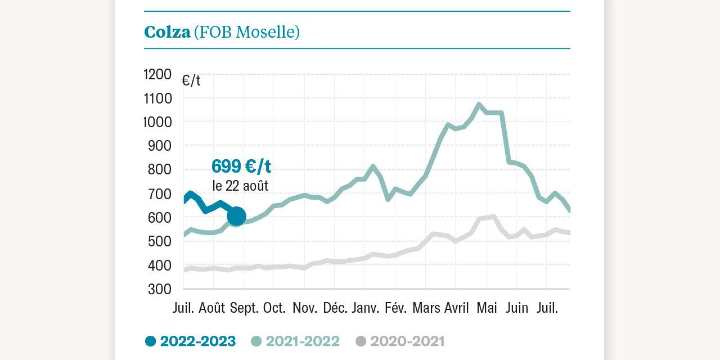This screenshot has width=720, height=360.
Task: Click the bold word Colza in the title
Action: click(x=167, y=32)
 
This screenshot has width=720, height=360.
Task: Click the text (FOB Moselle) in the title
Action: click(x=246, y=32)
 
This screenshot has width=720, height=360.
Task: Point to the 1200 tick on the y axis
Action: click(x=157, y=74)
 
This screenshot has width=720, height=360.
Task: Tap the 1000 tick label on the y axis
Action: click(x=157, y=122)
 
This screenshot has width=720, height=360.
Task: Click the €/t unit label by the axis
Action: click(x=191, y=80)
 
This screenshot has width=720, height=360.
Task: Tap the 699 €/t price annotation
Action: click(x=241, y=166)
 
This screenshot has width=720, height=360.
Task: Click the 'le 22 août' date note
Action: click(x=240, y=185)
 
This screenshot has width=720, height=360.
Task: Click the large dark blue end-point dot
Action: click(x=236, y=216)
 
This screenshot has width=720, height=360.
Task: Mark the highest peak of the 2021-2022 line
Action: click(x=479, y=104)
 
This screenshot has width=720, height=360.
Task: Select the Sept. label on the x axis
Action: click(x=244, y=308)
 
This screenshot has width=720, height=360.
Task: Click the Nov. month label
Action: click(x=305, y=308)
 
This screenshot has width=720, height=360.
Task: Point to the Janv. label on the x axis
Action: click(x=366, y=308)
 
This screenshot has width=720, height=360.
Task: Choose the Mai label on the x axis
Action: click(x=487, y=308)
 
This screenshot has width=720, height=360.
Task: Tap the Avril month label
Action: click(x=456, y=308)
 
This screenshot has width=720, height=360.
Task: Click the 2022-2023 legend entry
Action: click(x=190, y=341)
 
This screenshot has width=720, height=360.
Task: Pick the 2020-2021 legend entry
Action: click(x=400, y=341)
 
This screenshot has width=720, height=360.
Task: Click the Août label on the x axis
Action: click(x=211, y=308)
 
